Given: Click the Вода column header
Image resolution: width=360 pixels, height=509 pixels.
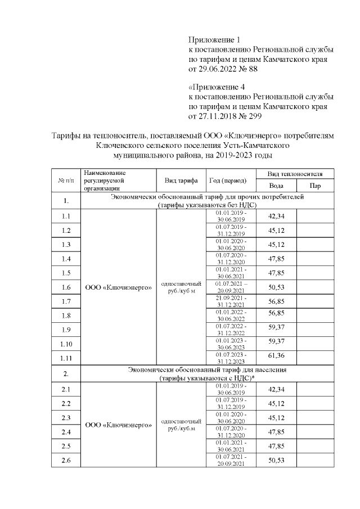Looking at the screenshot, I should [x=276, y=186].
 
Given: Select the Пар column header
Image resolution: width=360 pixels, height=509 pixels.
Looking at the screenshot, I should [x=316, y=186].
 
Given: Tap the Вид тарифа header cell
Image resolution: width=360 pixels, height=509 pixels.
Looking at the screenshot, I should [x=181, y=181].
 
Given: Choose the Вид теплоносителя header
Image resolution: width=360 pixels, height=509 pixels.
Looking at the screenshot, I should [x=295, y=174].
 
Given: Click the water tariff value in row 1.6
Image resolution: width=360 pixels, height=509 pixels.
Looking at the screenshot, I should [x=276, y=287].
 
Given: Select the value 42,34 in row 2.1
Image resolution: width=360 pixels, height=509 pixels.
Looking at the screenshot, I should [x=276, y=390].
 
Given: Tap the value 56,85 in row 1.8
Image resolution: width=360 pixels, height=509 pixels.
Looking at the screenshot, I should [x=276, y=315].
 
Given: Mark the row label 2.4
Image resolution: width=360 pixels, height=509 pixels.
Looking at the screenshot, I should [x=66, y=432].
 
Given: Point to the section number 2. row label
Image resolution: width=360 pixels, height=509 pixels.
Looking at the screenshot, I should [x=66, y=373].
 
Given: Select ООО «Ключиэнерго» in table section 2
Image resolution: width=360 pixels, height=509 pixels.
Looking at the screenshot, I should [x=118, y=425].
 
